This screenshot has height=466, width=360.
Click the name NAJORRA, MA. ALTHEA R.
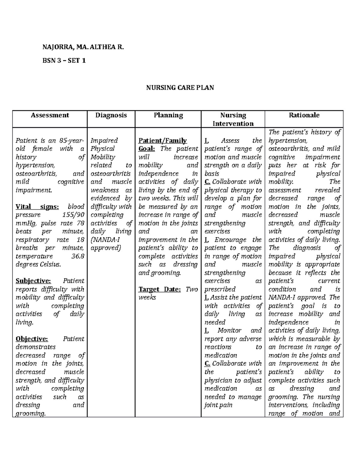pyautogui.click(x=83, y=47)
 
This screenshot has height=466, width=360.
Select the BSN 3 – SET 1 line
pyautogui.click(x=64, y=61)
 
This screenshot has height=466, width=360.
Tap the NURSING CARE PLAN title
pyautogui.click(x=180, y=88)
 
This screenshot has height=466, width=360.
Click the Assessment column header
pyautogui.click(x=50, y=115)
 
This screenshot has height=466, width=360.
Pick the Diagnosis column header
pyautogui.click(x=111, y=115)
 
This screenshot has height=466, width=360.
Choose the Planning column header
pyautogui.click(x=168, y=115)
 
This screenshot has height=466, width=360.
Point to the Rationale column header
pyautogui.click(x=304, y=115)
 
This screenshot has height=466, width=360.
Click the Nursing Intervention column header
pyautogui.click(x=233, y=119)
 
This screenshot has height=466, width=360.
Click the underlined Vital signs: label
pyautogui.click(x=37, y=207)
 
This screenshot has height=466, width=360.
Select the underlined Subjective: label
pyautogui.click(x=33, y=281)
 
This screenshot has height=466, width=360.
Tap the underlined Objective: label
pyautogui.click(x=31, y=339)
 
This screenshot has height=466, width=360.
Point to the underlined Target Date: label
pyautogui.click(x=159, y=290)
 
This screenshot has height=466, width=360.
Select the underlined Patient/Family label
pyautogui.click(x=162, y=141)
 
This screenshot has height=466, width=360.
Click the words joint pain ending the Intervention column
pyautogui.click(x=218, y=405)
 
